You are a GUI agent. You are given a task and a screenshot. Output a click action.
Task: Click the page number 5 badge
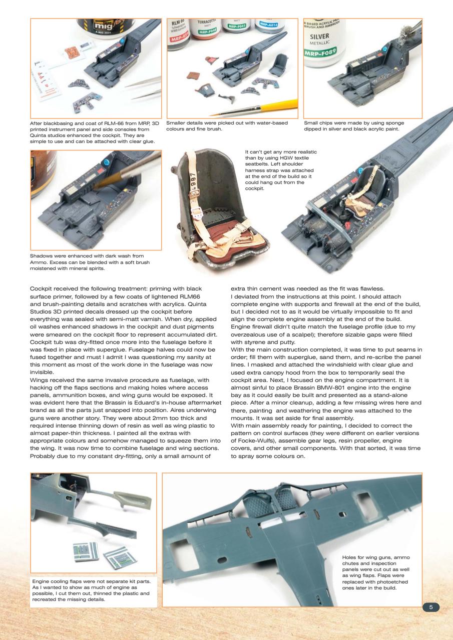(x=431, y=607)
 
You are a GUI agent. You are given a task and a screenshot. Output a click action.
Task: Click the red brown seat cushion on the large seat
(x=210, y=235)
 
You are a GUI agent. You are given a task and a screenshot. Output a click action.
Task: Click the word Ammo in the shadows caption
(x=39, y=262)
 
